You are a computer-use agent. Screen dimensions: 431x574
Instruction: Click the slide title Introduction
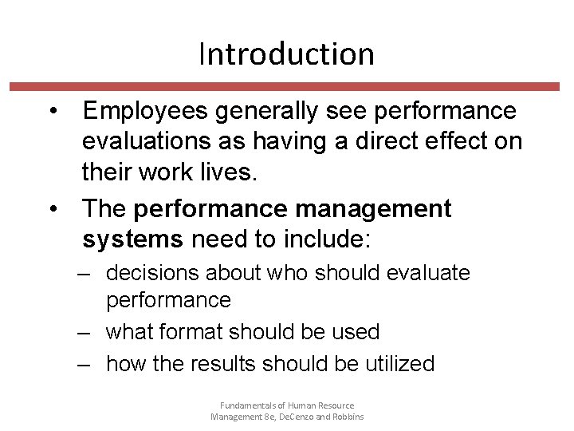(286, 54)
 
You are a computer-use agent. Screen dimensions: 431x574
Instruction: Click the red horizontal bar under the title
(286, 86)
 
